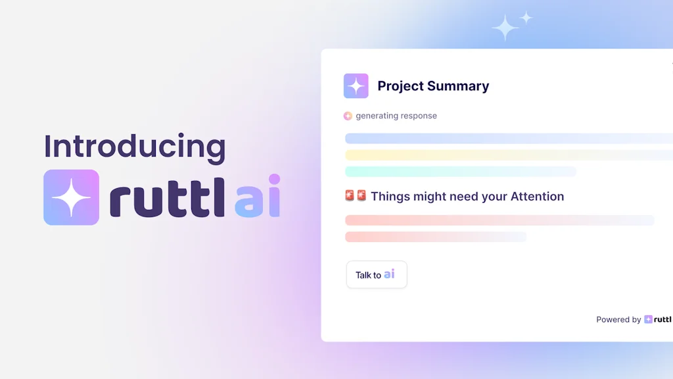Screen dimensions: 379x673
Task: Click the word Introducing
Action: (x=135, y=147)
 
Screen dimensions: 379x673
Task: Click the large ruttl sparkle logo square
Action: (x=71, y=197)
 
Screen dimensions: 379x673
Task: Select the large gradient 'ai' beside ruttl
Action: (x=258, y=197)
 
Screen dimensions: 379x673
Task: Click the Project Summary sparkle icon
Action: (x=356, y=86)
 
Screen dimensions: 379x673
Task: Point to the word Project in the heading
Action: (x=400, y=86)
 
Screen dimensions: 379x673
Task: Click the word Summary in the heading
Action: (x=457, y=86)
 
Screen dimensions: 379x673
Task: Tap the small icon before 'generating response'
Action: (x=348, y=116)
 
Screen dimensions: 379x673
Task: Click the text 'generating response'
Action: (x=396, y=116)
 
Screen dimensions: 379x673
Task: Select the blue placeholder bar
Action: (x=506, y=138)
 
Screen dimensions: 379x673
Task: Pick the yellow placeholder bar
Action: (x=506, y=155)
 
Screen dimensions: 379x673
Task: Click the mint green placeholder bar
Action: (x=460, y=171)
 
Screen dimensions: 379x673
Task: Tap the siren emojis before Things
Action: (x=356, y=196)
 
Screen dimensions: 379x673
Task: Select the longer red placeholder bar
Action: (x=499, y=220)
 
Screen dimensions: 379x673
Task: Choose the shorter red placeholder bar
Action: (x=435, y=236)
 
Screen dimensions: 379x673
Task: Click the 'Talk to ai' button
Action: (x=377, y=274)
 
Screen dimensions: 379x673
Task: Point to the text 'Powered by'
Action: (x=618, y=320)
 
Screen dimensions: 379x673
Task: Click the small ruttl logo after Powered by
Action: (x=657, y=319)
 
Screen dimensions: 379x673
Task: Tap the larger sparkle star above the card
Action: (x=505, y=28)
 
